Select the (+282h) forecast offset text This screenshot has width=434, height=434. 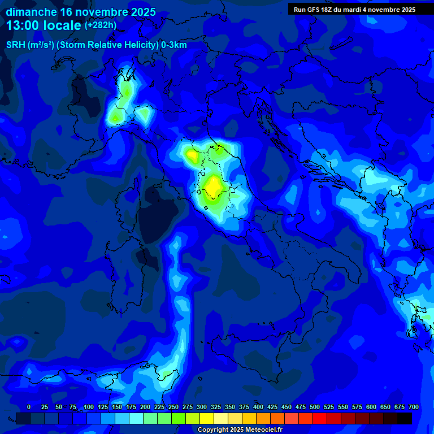(100, 25)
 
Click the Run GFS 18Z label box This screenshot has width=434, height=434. (354, 10)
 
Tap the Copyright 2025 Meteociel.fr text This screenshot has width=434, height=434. (240, 430)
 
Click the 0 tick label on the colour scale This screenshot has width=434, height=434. (29, 407)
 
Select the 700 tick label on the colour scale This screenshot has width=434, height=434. (413, 407)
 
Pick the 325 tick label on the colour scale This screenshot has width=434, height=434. (216, 407)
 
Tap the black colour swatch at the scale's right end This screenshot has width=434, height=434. (405, 419)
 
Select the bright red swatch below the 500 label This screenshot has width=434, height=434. (306, 419)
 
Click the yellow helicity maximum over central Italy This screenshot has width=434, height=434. (214, 185)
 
